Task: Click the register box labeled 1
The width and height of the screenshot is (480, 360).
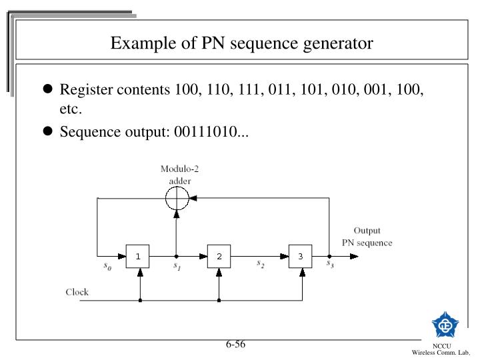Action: [138, 256]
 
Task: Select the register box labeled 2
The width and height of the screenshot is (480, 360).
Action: [219, 256]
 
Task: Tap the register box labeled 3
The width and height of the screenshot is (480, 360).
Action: [301, 256]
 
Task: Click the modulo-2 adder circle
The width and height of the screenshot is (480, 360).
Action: [177, 198]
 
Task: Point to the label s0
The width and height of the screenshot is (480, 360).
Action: [107, 266]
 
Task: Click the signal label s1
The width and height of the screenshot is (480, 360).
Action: [177, 267]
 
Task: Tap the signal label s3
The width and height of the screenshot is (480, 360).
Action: [329, 264]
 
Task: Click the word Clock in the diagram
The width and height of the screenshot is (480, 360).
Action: [77, 292]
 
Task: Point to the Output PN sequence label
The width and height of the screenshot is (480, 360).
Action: [367, 237]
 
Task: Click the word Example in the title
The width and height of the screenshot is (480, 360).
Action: [136, 43]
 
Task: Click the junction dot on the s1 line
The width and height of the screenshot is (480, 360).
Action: [177, 256]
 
